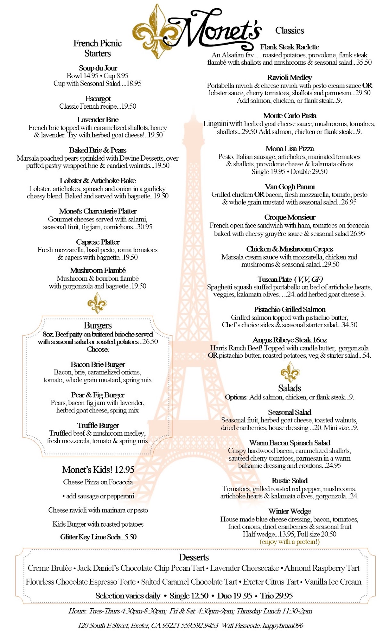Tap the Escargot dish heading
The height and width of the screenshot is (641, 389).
(98, 98)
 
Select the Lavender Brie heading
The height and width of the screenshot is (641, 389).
(98, 120)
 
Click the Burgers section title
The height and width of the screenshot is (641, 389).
(98, 325)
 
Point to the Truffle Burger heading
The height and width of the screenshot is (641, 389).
(98, 425)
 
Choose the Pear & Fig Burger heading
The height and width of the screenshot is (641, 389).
(98, 395)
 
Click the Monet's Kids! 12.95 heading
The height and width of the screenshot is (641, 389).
(98, 470)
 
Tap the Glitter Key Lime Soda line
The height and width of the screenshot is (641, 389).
(98, 537)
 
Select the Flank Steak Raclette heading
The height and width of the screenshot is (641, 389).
(290, 47)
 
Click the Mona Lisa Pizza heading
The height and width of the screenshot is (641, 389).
(290, 148)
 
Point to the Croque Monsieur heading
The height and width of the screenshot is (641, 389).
(290, 217)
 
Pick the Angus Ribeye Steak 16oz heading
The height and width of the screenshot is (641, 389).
(290, 340)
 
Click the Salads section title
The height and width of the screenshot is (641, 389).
(290, 388)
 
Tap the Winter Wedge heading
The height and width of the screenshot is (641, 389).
(290, 511)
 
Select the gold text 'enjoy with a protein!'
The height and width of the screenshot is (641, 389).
(290, 542)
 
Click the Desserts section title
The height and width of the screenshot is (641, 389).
(194, 557)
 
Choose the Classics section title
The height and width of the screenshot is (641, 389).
(289, 30)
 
